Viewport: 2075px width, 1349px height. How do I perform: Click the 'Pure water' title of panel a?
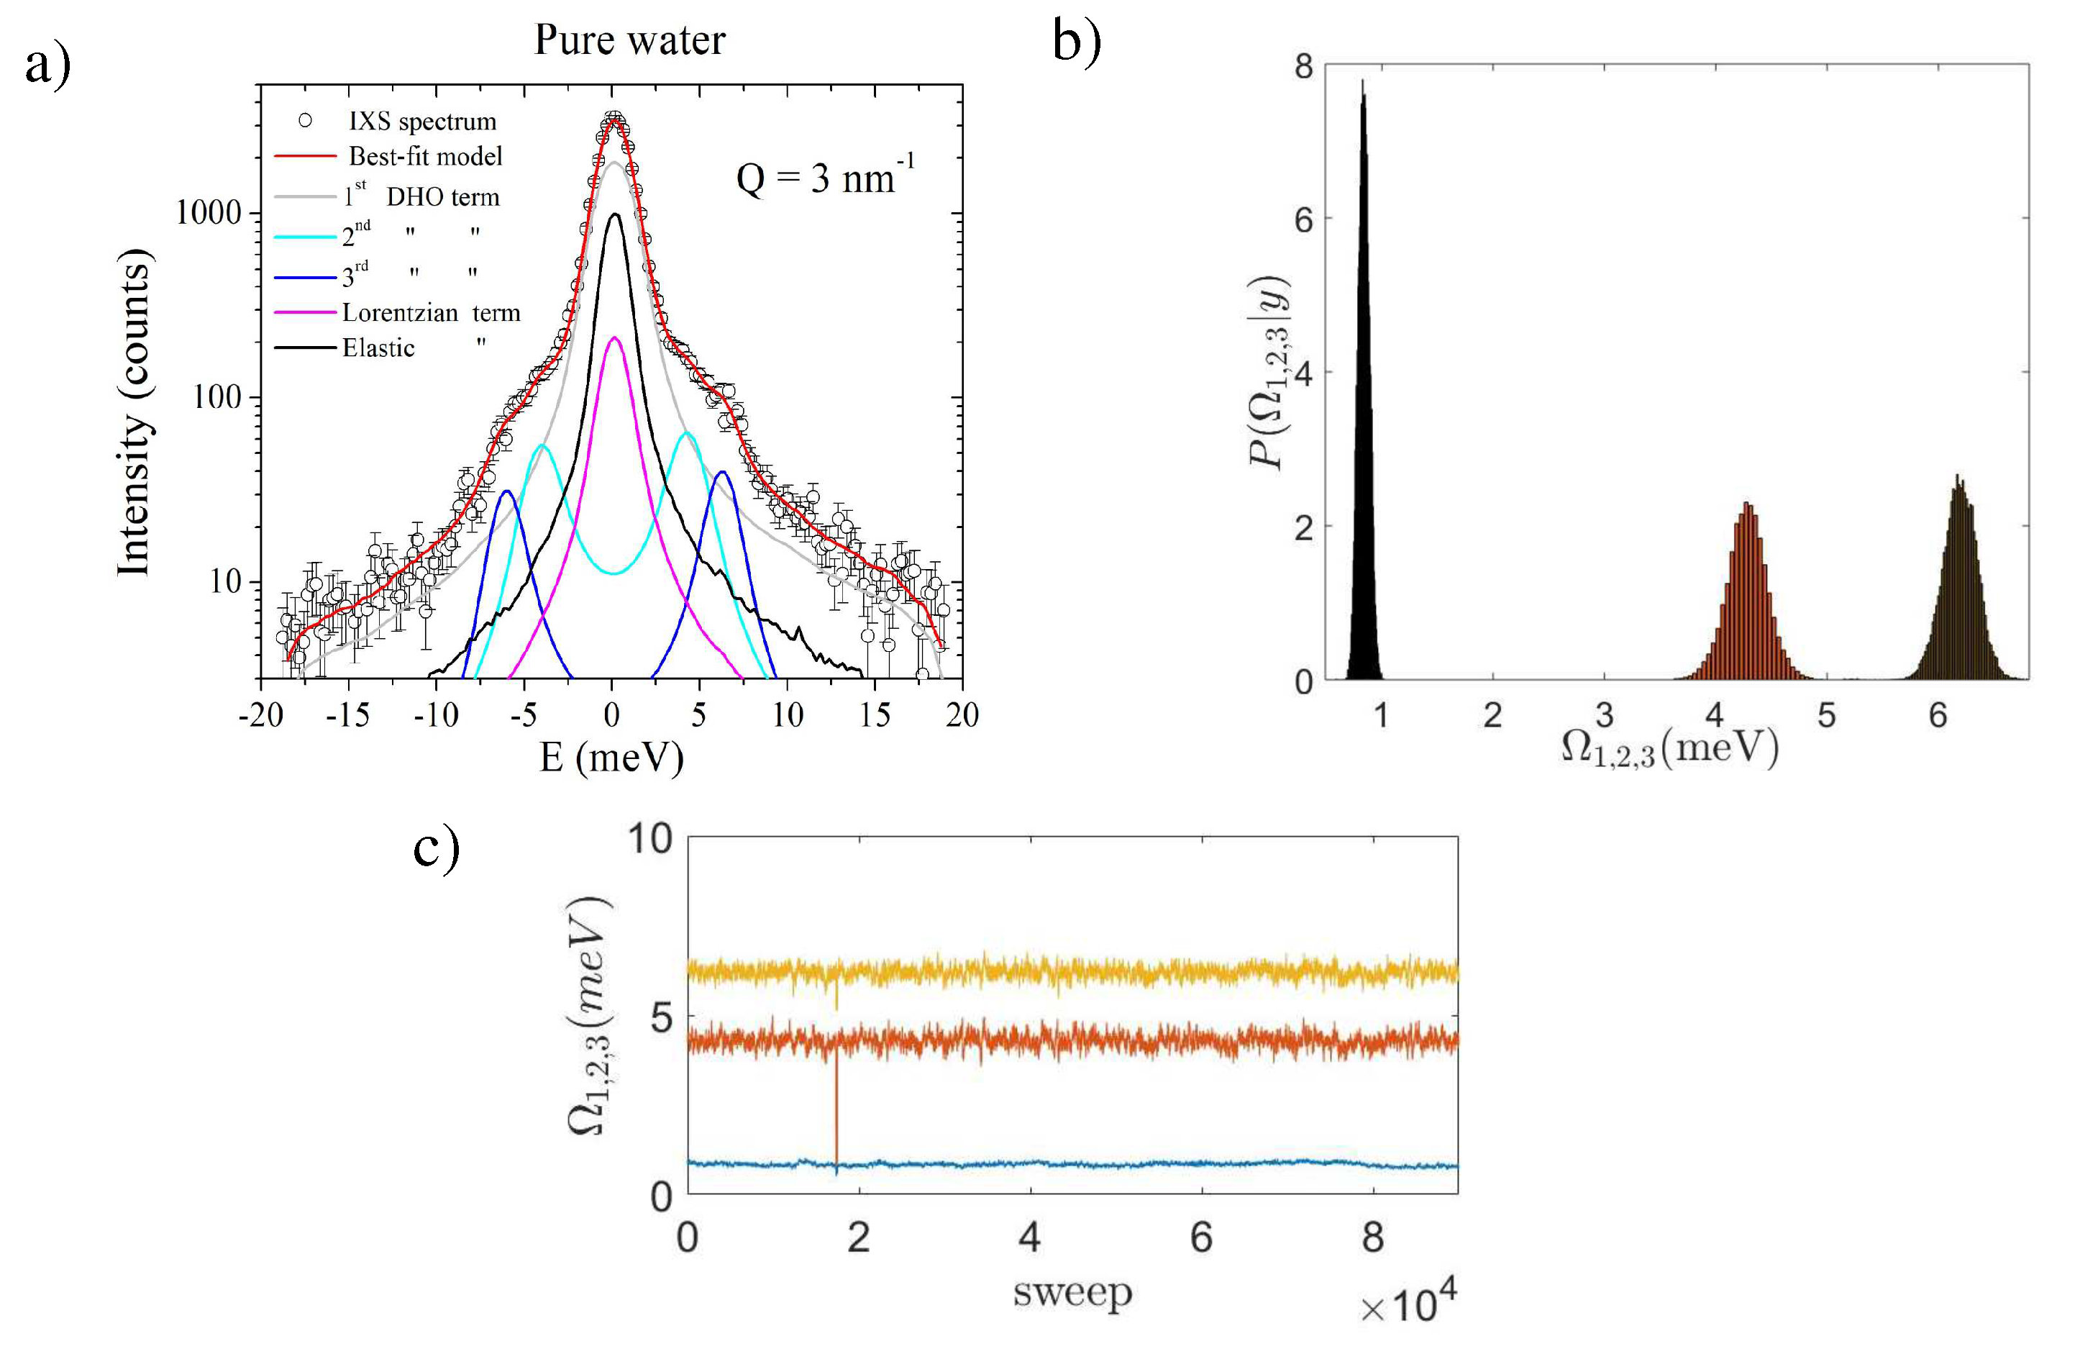click(x=629, y=40)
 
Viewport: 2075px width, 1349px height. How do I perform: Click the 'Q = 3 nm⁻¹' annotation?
click(x=824, y=177)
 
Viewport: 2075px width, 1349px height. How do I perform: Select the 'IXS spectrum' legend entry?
click(x=422, y=121)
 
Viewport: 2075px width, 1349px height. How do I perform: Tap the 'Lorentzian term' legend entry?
click(x=430, y=312)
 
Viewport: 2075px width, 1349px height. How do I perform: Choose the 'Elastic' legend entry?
click(x=378, y=348)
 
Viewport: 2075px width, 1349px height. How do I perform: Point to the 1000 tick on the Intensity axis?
click(x=209, y=213)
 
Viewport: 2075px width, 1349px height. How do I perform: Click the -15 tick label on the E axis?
click(x=348, y=715)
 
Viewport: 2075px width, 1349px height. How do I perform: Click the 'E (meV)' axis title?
click(x=611, y=757)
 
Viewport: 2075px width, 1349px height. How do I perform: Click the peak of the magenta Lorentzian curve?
click(x=614, y=338)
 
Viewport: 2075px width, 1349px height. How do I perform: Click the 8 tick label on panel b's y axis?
click(x=1303, y=66)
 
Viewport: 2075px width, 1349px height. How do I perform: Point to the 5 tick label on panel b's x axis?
click(x=1825, y=715)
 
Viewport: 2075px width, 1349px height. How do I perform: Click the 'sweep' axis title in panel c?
click(x=1072, y=1291)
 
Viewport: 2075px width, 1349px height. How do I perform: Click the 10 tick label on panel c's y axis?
click(x=650, y=839)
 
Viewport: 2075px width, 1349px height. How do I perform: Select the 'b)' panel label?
click(x=1077, y=42)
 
